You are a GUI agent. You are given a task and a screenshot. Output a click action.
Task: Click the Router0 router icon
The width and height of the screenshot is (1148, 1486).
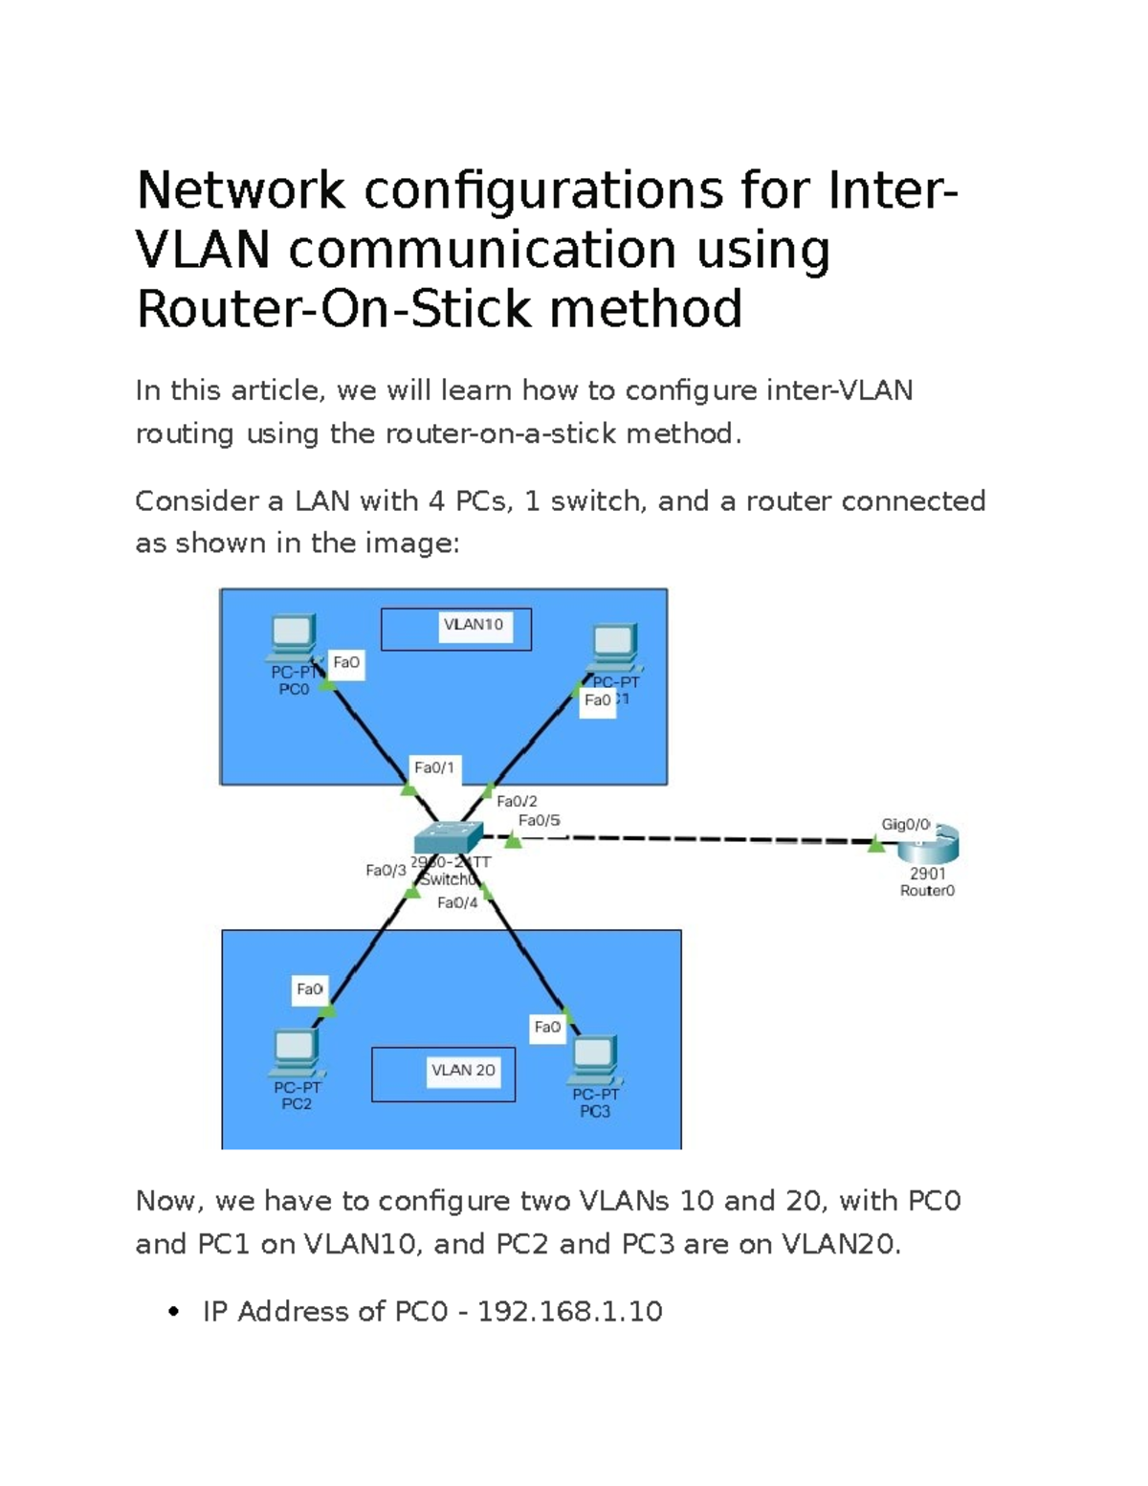coord(929,844)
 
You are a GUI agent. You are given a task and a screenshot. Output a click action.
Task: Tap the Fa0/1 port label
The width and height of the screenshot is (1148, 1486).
coord(434,767)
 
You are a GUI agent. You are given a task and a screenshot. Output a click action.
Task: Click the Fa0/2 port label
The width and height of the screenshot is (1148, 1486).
coord(517,802)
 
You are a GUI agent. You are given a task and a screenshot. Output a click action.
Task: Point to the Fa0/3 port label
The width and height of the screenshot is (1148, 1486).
coord(386,871)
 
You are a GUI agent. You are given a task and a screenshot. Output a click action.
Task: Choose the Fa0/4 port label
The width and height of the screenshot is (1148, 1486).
coord(457,903)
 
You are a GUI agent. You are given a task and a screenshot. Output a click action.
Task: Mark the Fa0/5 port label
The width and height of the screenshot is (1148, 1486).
coord(539,820)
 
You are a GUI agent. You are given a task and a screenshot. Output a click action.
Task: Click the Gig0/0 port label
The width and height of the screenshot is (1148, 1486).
coord(904,825)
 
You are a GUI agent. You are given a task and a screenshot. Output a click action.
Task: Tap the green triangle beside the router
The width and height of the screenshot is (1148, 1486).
coord(875,845)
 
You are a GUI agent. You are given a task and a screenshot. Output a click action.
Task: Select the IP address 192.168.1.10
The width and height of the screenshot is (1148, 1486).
coord(569,1312)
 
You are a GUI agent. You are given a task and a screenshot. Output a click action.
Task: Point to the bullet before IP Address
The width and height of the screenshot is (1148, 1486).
coord(173,1312)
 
